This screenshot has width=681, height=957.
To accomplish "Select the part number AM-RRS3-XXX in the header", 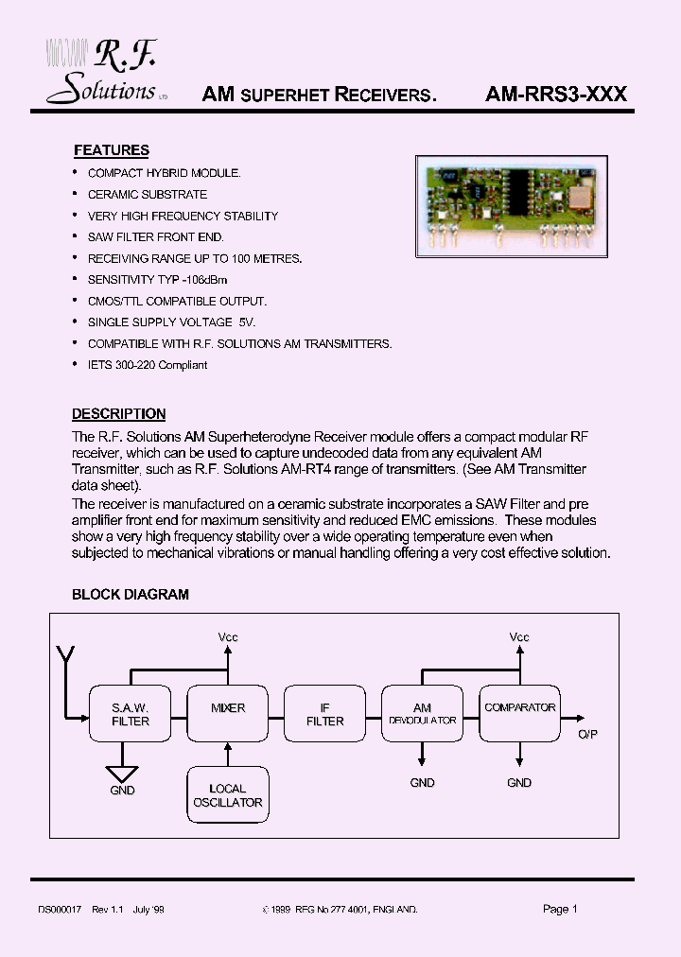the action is [x=555, y=95].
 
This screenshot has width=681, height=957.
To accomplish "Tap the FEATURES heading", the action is [x=111, y=150].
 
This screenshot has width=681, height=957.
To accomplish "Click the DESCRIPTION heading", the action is [x=118, y=414].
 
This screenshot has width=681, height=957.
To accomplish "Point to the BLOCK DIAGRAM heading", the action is [x=131, y=595].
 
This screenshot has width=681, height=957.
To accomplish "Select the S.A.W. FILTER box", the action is [x=131, y=714].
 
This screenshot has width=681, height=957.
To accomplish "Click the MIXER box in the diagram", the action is [x=228, y=714].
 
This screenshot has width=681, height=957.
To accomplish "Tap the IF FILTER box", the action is [x=325, y=714].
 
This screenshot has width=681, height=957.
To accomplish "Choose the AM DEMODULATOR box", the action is [x=422, y=714].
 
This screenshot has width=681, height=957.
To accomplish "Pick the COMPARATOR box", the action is [x=519, y=714].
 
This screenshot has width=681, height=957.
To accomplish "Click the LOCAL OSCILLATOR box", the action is [x=228, y=795].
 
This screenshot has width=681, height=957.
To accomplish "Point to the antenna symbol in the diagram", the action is [x=65, y=654].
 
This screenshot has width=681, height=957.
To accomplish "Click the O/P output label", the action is [x=586, y=735].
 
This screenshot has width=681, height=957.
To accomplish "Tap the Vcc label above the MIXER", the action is [x=228, y=637].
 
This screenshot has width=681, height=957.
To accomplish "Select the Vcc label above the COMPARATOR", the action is [x=519, y=637].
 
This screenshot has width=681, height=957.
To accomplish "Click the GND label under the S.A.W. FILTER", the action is [x=123, y=791].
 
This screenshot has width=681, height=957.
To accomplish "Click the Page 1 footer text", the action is [x=560, y=909].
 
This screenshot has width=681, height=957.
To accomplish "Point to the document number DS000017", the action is [x=61, y=909].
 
